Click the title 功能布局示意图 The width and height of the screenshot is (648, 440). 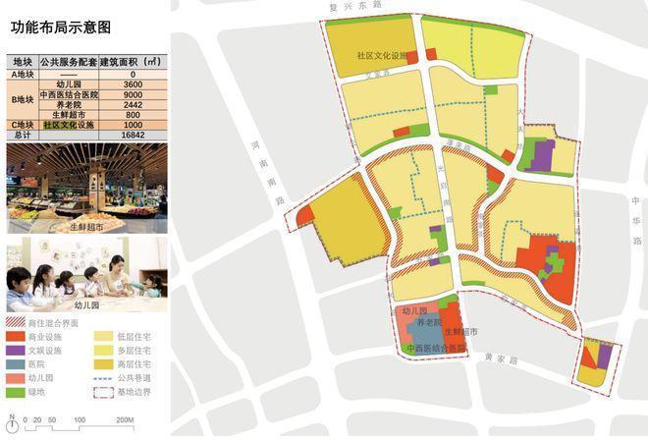click(x=61, y=27)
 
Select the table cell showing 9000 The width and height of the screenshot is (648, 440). click(x=133, y=94)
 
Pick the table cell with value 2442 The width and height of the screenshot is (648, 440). click(x=133, y=104)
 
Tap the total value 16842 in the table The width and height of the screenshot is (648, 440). click(x=133, y=136)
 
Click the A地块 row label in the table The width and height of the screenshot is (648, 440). click(x=23, y=74)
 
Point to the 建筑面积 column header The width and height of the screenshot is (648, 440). click(x=133, y=63)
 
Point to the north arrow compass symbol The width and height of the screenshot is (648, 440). click(x=11, y=420)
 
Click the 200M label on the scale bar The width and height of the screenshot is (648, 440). click(x=124, y=420)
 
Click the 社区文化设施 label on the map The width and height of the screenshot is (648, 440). click(x=382, y=56)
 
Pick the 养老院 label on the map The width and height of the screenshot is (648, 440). click(x=429, y=323)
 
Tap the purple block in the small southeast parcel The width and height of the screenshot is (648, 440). click(x=605, y=355)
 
